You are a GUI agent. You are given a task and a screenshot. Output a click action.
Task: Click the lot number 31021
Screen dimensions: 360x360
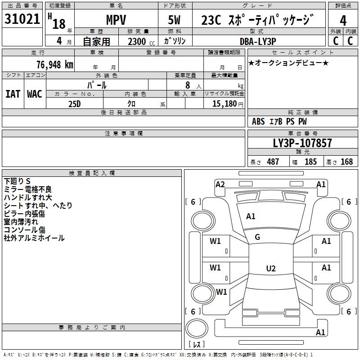pos(22,19)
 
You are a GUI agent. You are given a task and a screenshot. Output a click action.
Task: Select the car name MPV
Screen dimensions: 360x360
pos(116,20)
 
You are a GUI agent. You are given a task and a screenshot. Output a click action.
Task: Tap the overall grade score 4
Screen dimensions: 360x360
pos(343,20)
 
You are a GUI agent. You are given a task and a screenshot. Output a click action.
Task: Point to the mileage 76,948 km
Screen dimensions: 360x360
pos(55,64)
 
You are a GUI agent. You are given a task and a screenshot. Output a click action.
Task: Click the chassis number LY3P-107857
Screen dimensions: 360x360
pos(302,143)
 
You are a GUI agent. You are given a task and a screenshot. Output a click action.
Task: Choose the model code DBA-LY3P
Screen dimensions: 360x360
pos(258,41)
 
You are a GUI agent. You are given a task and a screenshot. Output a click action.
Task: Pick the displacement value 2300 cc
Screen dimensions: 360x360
pos(141,41)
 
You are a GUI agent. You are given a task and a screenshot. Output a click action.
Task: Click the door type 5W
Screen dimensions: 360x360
pos(174,20)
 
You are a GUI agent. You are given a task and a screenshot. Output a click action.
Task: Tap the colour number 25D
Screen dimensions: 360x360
pos(75,104)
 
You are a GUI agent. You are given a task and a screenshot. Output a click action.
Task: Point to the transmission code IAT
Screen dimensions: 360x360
pos(13,94)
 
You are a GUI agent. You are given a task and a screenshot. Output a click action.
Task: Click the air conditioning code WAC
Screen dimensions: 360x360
pos(35,94)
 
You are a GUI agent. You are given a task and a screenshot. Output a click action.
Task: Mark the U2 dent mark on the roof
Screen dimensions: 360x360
pos(271,268)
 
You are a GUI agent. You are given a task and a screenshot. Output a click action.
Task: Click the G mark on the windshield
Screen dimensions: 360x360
pos(257,237)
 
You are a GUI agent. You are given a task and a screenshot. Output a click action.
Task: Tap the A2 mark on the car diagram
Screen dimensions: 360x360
pos(220,184)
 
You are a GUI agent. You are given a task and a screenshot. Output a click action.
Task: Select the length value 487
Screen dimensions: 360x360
pos(273,162)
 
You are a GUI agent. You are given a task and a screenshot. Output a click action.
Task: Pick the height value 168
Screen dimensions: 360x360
pos(346,162)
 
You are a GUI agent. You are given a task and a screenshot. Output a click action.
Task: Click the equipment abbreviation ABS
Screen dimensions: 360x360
pos(258,121)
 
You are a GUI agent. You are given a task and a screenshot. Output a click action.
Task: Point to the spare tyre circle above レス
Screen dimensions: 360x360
pos(197,328)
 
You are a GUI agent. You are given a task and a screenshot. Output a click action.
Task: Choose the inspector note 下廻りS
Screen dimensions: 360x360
pos(17,181)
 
